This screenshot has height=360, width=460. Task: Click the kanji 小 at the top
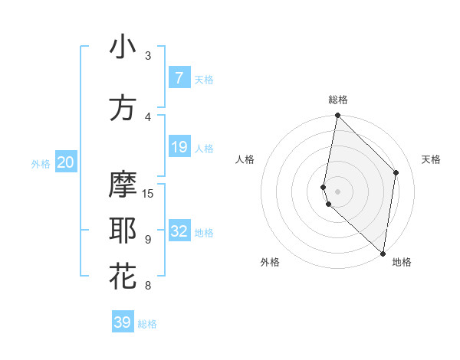[x=123, y=47]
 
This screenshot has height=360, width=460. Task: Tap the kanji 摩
[x=123, y=185]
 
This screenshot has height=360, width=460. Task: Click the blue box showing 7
[x=179, y=78]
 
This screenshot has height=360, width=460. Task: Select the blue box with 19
[x=179, y=147]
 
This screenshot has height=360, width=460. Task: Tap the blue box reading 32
[x=179, y=232]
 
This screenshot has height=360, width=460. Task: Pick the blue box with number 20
[x=66, y=162]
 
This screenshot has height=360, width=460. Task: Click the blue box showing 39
[x=123, y=322]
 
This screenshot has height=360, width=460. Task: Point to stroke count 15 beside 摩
[x=148, y=193]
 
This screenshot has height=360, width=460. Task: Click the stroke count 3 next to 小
[x=148, y=55]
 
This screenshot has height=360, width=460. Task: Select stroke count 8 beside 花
[x=148, y=286]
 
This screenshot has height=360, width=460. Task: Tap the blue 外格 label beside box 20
[x=41, y=163]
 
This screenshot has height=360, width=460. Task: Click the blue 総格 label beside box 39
[x=147, y=324]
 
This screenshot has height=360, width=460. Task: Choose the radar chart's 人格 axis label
[x=245, y=159]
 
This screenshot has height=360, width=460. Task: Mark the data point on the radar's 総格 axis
[x=337, y=116]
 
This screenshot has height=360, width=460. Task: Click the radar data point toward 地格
[x=383, y=254]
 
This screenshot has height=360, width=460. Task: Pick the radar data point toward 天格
[x=396, y=172]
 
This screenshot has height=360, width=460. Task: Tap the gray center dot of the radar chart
[x=337, y=191]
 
